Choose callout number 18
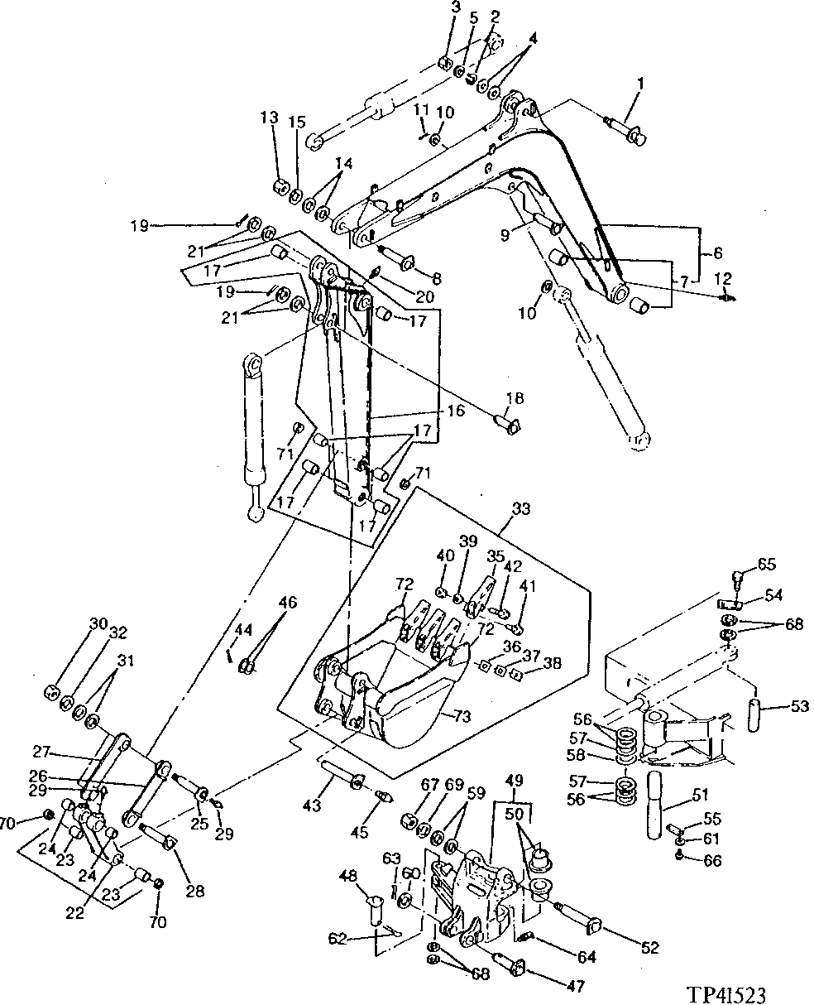click(514, 398)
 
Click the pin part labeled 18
click(507, 425)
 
